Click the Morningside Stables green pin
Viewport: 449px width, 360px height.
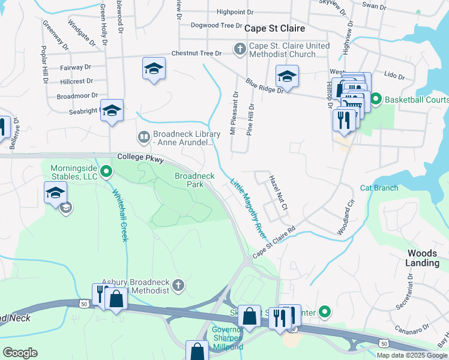(x=106, y=173)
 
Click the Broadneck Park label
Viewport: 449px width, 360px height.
(x=194, y=180)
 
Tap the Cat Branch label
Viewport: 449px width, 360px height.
(x=379, y=188)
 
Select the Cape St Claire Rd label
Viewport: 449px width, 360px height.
(x=275, y=241)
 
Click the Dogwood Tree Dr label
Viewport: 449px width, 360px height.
(x=215, y=25)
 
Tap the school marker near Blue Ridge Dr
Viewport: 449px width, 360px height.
(x=287, y=77)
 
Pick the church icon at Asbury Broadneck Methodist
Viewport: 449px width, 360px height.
(x=178, y=285)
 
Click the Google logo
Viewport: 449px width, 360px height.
(x=20, y=353)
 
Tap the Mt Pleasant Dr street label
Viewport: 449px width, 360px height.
(x=235, y=113)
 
